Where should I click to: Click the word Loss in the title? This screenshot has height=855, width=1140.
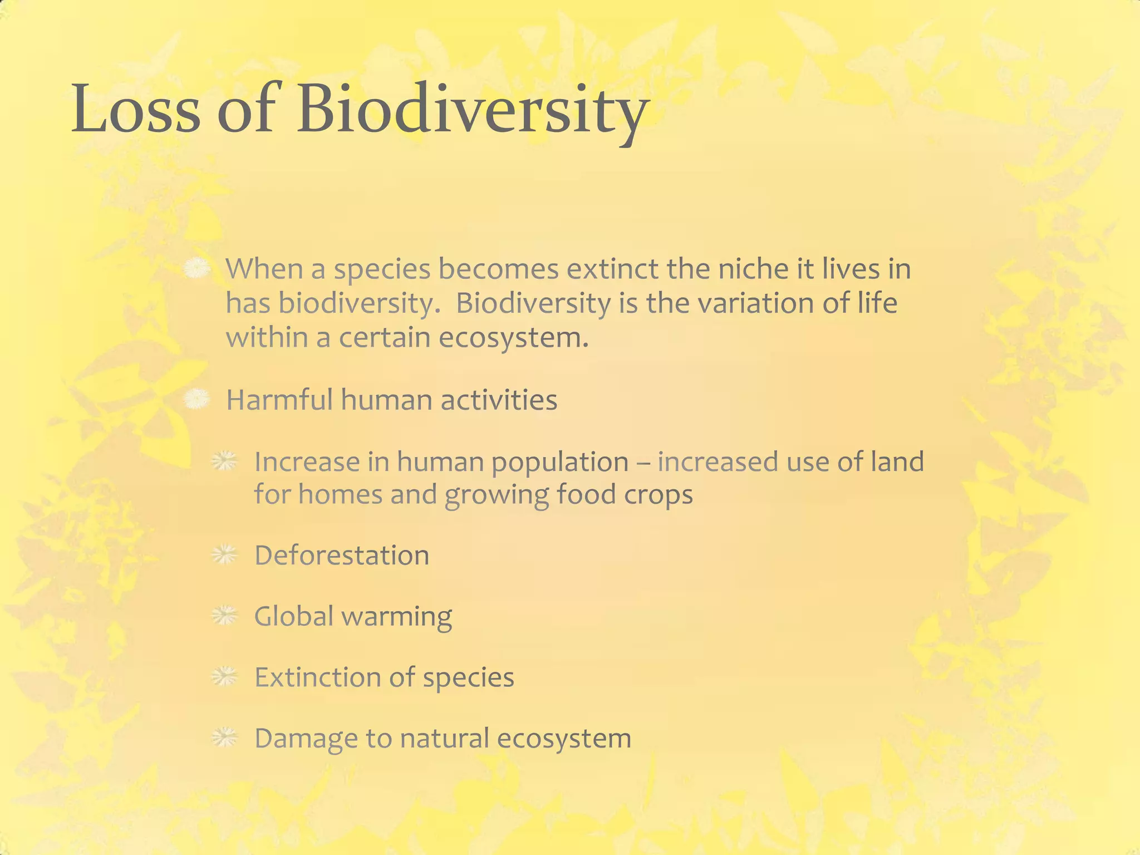point(135,109)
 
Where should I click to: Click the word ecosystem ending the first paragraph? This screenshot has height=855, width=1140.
point(513,338)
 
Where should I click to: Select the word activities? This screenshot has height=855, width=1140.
point(499,400)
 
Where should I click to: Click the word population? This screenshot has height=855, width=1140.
point(559,462)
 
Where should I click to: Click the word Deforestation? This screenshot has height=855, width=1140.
point(342,556)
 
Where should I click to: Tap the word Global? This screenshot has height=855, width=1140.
point(293,616)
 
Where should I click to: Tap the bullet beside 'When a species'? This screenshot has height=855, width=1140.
point(196,269)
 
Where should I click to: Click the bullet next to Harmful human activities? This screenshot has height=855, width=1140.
point(196,400)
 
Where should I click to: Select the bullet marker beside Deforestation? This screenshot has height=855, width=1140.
point(225,555)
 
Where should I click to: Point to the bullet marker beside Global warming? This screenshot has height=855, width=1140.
point(225,616)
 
